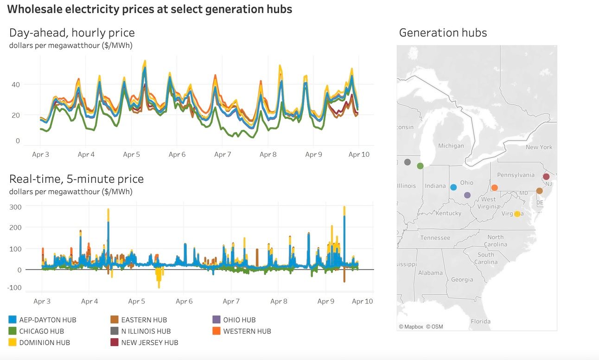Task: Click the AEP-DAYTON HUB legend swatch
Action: point(13,320)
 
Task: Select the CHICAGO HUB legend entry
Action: point(41,331)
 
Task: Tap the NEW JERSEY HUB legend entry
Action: point(149,343)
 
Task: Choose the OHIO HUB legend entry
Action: point(239,320)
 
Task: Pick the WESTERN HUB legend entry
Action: point(247,331)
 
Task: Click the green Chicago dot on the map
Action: point(420,166)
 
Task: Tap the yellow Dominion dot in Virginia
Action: point(517,214)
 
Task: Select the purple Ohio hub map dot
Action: point(467,195)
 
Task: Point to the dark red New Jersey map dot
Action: point(546,177)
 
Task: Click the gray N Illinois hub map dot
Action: point(408,162)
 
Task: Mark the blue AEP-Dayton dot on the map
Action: point(453,187)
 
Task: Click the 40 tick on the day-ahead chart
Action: point(16,84)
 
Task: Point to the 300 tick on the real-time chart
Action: point(16,207)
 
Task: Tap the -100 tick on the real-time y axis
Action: point(14,288)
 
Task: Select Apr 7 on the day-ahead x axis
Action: point(223,154)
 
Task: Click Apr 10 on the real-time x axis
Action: point(362,302)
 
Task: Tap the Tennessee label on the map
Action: point(435,238)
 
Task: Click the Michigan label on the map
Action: point(451,146)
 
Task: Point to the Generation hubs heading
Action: point(443,32)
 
